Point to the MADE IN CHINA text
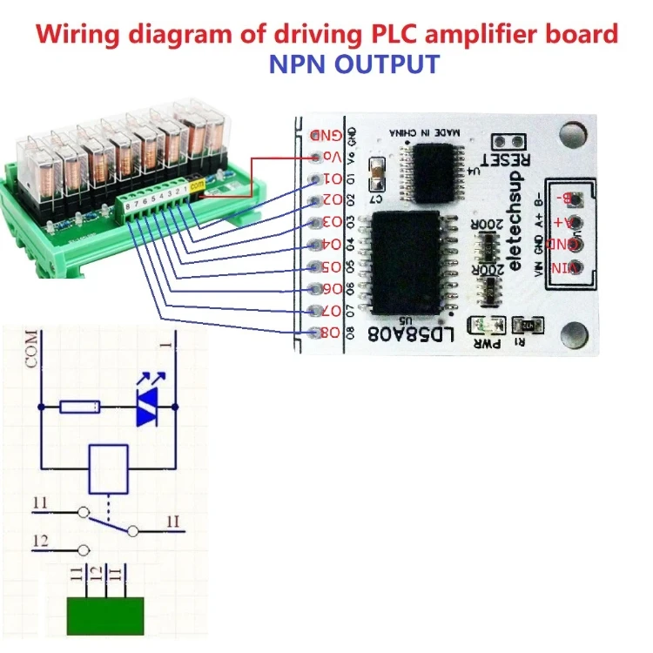click(x=421, y=131)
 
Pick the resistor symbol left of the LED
click(x=80, y=407)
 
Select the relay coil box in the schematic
click(x=110, y=467)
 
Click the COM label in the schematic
click(x=33, y=350)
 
